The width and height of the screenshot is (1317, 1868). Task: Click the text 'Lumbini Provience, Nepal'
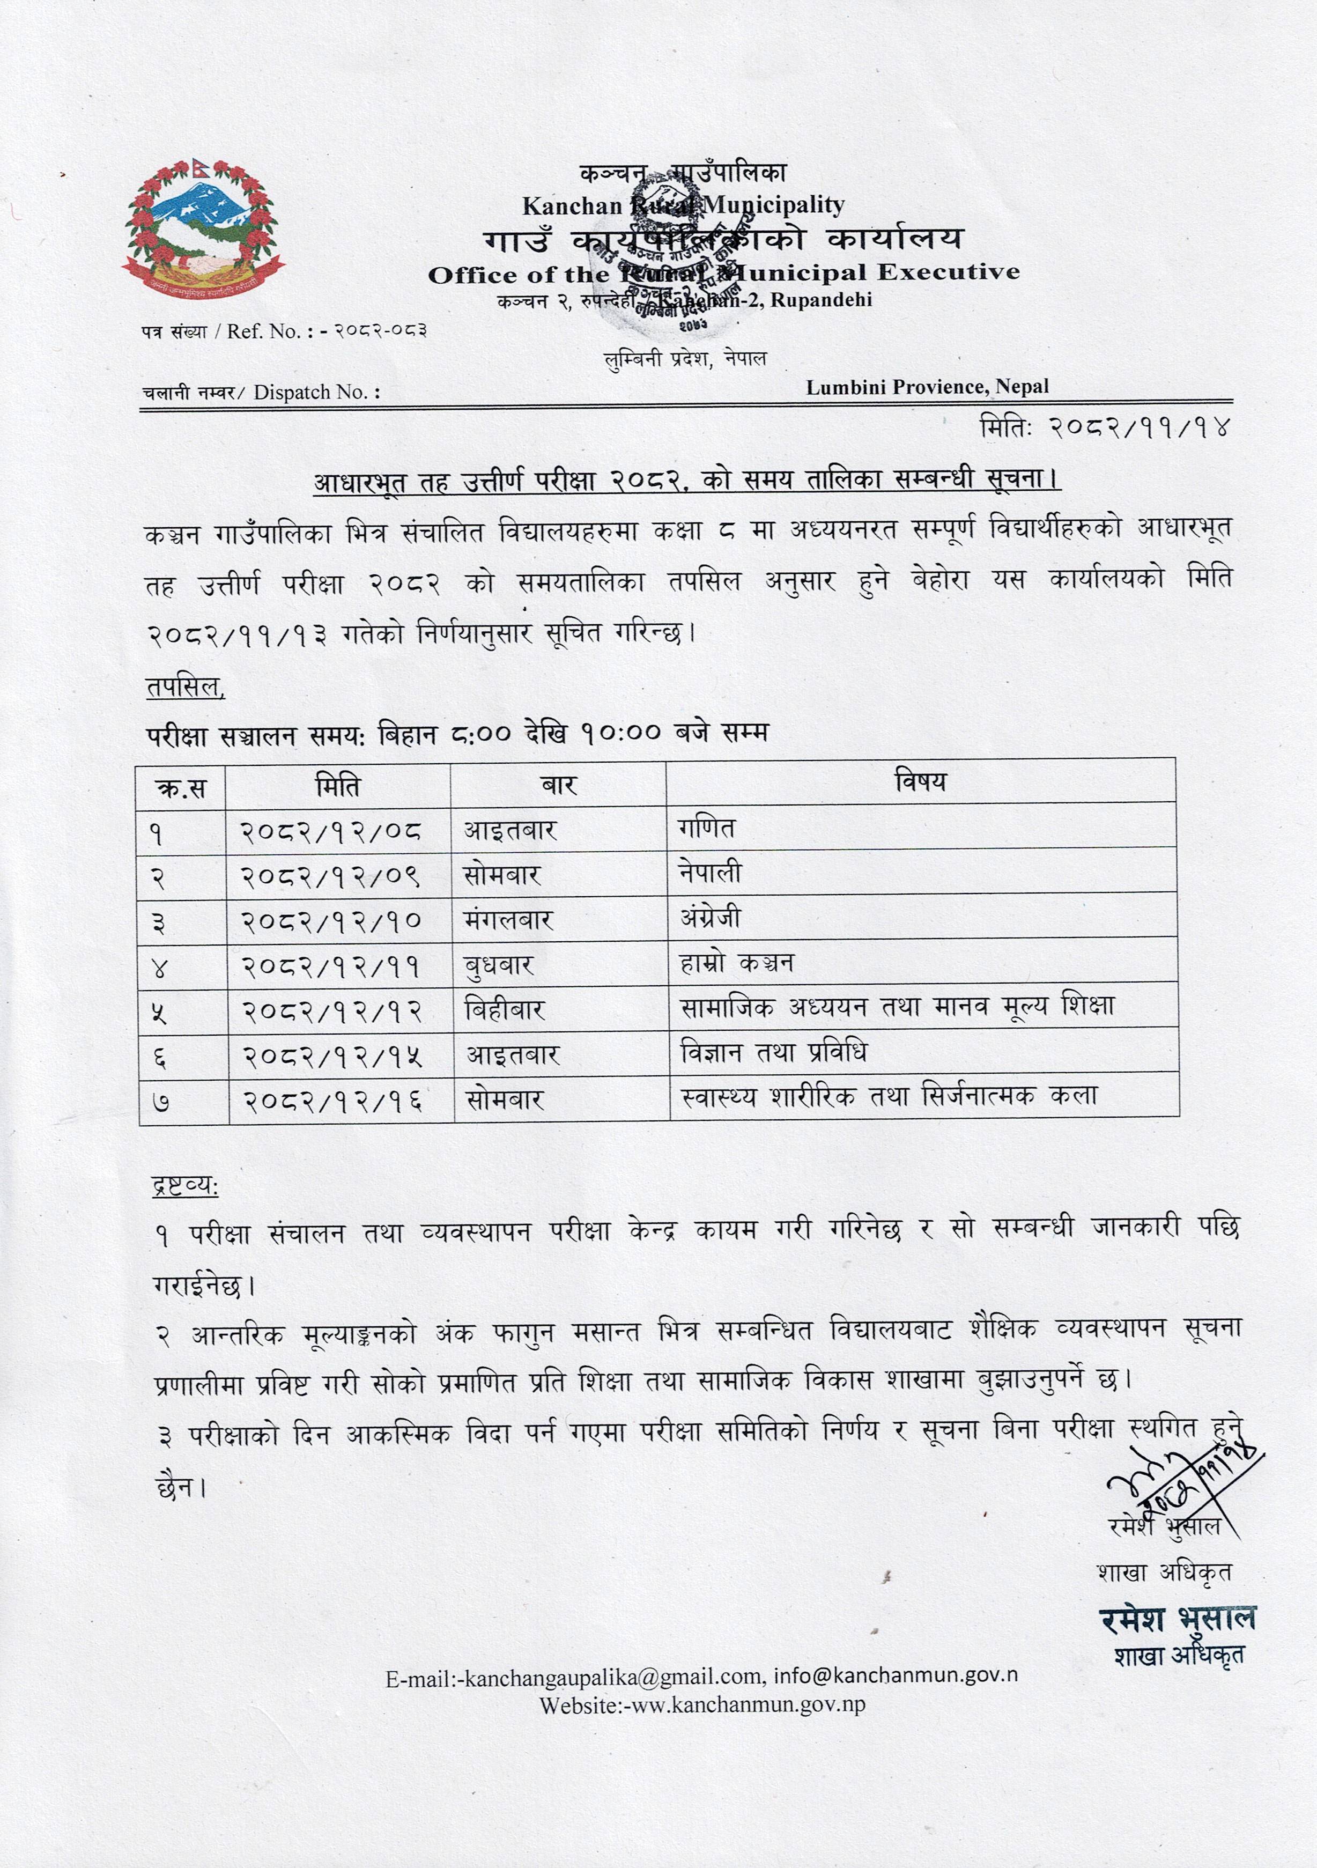click(927, 387)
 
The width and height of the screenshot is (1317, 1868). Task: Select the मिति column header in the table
click(338, 786)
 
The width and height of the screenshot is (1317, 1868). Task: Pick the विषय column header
click(920, 782)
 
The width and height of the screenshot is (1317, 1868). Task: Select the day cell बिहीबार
click(505, 1010)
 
